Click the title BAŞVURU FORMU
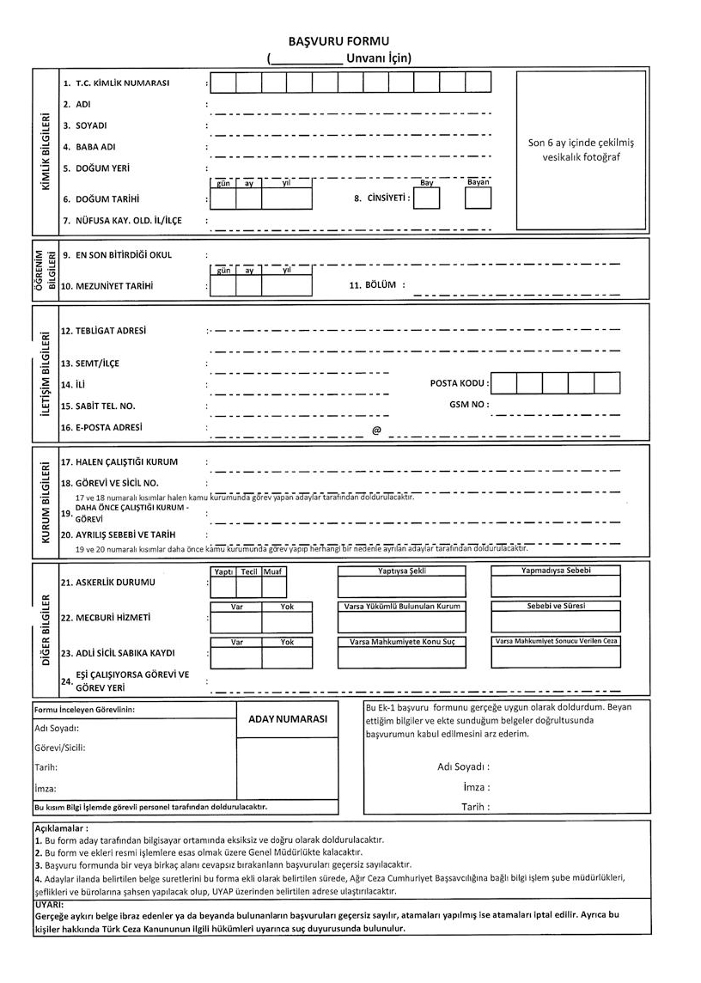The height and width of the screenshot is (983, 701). [350, 41]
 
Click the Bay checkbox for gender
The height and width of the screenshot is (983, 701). [426, 198]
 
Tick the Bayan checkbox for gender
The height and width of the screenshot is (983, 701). [478, 198]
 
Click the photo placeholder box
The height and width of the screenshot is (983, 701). [581, 150]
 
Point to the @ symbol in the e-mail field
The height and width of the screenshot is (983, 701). [376, 430]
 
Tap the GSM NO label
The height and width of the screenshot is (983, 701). [469, 404]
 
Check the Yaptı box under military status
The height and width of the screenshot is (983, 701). [223, 587]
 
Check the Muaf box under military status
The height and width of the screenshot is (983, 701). [274, 587]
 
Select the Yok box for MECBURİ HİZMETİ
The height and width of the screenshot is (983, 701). [287, 622]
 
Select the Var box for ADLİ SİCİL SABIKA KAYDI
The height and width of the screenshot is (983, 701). [237, 657]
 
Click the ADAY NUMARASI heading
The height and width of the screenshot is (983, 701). [288, 720]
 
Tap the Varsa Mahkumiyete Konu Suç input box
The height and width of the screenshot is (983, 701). [401, 657]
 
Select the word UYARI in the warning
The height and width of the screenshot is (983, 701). [49, 905]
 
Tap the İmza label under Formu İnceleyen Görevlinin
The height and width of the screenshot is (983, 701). [45, 789]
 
